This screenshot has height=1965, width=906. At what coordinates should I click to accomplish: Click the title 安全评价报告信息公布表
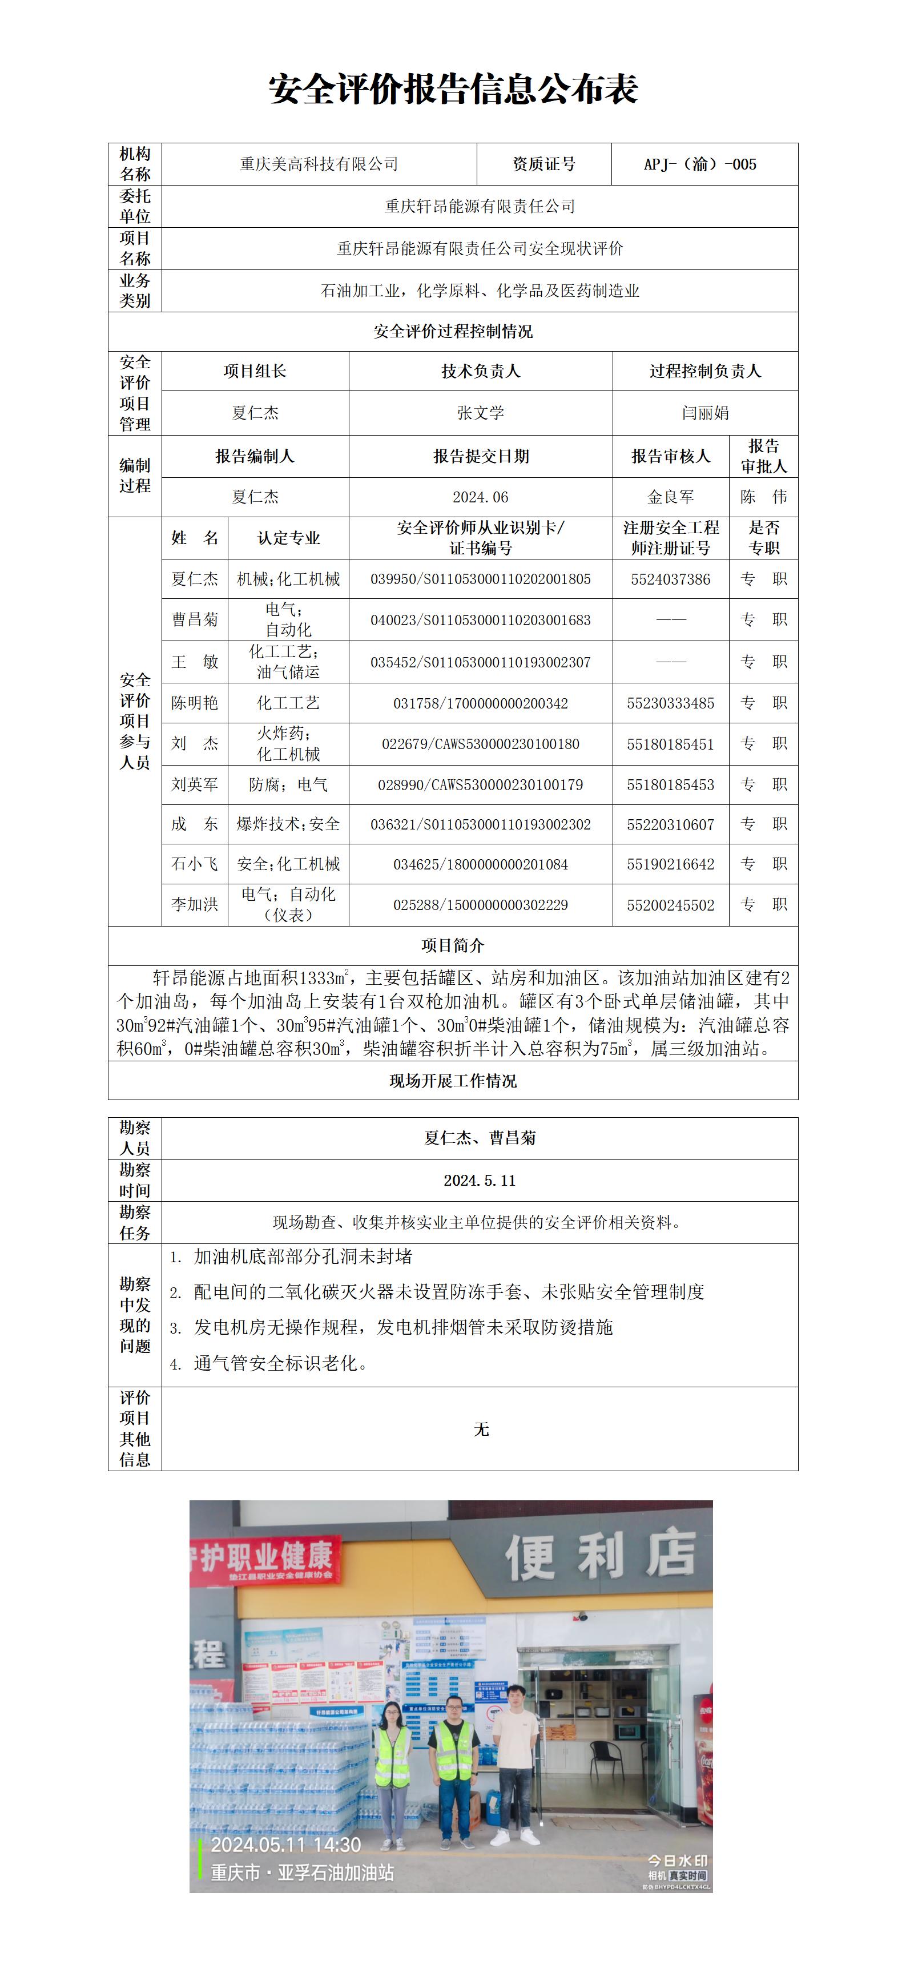[x=453, y=89]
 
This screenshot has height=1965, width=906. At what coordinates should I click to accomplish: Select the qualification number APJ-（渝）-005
[x=700, y=164]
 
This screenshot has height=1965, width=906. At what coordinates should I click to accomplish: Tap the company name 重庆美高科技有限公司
[x=319, y=164]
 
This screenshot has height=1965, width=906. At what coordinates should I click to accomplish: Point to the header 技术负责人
[x=481, y=372]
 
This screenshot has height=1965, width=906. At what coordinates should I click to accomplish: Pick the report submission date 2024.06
[x=481, y=497]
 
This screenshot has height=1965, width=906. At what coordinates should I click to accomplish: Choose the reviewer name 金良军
[x=670, y=497]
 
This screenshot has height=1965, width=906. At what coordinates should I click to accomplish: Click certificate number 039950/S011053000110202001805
[x=481, y=579]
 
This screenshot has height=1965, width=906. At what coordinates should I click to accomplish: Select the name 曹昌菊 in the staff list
[x=195, y=619]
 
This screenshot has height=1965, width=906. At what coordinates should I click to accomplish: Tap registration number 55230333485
[x=670, y=703]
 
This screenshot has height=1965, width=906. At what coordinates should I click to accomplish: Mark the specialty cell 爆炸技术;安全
[x=288, y=824]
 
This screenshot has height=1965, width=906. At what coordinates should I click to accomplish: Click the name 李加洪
[x=195, y=905]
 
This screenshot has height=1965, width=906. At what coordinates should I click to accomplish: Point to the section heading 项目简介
[x=453, y=946]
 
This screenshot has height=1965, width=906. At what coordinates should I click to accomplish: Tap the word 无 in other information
[x=481, y=1429]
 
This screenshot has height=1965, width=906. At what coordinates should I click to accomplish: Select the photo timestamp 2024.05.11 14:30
[x=285, y=1845]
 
